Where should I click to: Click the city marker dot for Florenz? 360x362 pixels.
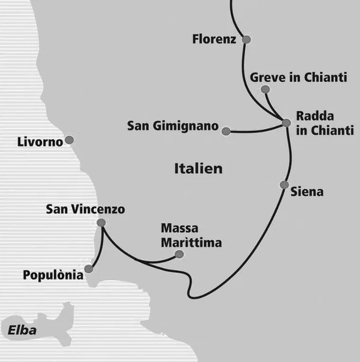tap(246, 40)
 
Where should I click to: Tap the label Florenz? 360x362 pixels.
tap(214, 39)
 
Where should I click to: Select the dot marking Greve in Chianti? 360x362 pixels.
tap(265, 89)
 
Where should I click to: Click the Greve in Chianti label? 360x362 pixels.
tap(298, 77)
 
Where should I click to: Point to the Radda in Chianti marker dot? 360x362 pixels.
tap(286, 123)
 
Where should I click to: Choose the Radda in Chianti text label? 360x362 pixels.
tap(324, 123)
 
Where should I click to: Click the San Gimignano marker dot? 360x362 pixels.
tap(226, 131)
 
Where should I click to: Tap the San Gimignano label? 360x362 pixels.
tap(173, 126)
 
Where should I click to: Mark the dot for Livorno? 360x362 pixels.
tap(69, 140)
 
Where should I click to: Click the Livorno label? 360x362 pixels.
tap(40, 141)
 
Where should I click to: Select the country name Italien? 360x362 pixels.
tap(198, 168)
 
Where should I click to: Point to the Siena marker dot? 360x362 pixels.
tap(284, 185)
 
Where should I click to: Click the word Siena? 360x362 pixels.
tap(307, 192)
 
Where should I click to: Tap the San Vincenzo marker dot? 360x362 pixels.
tap(101, 222)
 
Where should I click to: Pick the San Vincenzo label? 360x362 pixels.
tap(85, 209)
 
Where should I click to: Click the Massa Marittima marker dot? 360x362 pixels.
tap(179, 255)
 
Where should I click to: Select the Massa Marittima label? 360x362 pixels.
tap(191, 235)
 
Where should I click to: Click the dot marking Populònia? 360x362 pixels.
tap(89, 268)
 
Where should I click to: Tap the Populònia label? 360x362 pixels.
tap(53, 275)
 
